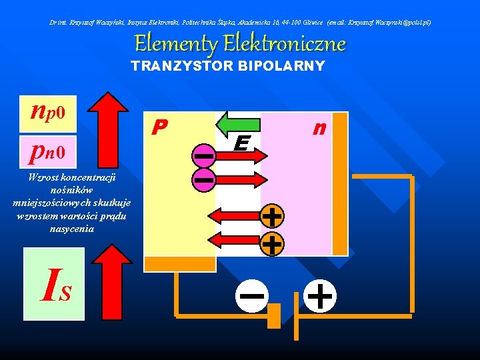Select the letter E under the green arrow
(242, 143)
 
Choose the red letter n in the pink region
(320, 127)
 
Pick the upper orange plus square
(271, 217)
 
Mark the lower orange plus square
(271, 244)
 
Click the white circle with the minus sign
(251, 295)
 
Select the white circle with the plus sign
(321, 295)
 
